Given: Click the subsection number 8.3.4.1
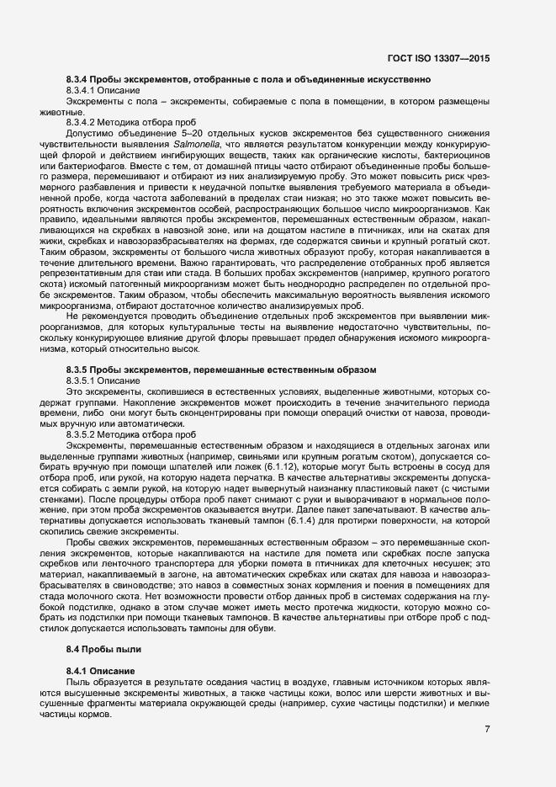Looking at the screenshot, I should tap(82, 89).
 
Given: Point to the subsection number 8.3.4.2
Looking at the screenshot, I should tap(82, 122).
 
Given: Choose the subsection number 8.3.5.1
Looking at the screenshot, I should tap(82, 381).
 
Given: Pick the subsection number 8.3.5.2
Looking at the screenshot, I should tap(82, 435).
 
